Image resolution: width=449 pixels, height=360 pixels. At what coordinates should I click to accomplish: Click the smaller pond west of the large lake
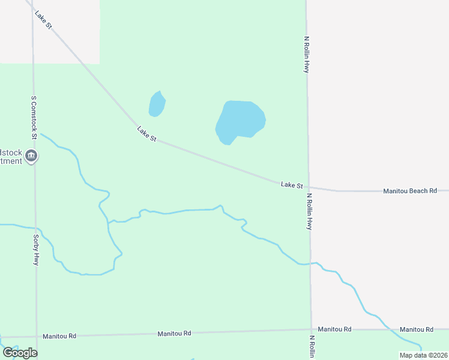[x=157, y=104]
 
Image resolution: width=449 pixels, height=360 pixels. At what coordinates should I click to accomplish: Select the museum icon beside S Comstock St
[x=32, y=157]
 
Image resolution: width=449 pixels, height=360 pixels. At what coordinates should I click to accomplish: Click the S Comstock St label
[x=34, y=118]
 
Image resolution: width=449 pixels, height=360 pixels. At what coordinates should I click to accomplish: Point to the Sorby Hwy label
[x=36, y=250]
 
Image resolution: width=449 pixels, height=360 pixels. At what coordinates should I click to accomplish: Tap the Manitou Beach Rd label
[x=410, y=191]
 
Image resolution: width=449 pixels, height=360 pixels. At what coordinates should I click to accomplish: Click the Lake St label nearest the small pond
[x=146, y=134]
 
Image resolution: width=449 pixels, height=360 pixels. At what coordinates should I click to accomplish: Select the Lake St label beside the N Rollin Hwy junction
[x=292, y=185]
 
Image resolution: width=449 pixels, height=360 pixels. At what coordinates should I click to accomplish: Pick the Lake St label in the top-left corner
[x=44, y=20]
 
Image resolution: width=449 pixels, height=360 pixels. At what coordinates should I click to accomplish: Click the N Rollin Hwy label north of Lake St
[x=306, y=55]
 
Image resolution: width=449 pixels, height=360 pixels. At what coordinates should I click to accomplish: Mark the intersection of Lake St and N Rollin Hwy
[x=309, y=188]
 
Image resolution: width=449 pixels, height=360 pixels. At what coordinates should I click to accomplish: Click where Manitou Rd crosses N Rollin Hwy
[x=311, y=329]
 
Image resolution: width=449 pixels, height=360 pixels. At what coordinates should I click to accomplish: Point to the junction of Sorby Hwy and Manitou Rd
[x=36, y=337]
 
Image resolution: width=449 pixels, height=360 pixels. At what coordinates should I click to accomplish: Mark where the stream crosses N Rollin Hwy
[x=310, y=263]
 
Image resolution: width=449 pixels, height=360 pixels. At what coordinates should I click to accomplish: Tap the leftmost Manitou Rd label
[x=59, y=336]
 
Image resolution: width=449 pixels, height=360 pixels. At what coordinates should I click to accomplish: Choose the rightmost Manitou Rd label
[x=417, y=329]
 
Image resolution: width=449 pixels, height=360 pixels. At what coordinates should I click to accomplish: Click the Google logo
[x=20, y=353]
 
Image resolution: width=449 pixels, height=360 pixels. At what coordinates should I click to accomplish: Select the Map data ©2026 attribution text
[x=423, y=355]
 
